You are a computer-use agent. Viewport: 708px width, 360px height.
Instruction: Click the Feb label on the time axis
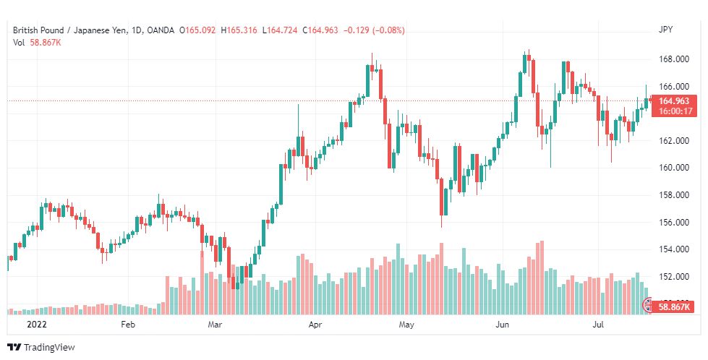click(x=128, y=325)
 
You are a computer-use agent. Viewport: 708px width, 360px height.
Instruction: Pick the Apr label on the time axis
click(x=315, y=325)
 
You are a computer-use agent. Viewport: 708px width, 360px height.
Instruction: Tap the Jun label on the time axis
click(x=502, y=325)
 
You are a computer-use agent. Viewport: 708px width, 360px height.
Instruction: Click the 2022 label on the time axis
click(x=37, y=325)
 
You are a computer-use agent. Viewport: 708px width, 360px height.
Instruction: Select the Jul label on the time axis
click(x=598, y=325)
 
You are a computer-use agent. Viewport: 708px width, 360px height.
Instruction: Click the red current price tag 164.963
click(x=674, y=101)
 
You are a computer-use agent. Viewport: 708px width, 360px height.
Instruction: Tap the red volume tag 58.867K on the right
click(x=674, y=307)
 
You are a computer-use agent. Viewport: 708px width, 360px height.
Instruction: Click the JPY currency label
click(x=665, y=30)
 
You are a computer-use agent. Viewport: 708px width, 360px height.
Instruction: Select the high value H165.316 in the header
click(x=239, y=30)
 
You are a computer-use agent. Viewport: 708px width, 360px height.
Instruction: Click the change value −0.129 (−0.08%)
click(x=375, y=30)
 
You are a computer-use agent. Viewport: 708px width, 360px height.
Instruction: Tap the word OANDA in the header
click(x=161, y=30)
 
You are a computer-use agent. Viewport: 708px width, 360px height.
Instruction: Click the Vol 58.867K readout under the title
click(x=37, y=43)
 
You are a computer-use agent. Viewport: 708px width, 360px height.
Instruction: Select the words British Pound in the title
click(x=38, y=30)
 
